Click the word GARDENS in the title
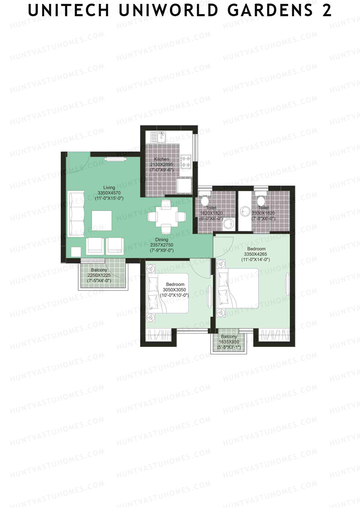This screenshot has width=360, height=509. pyautogui.click(x=270, y=10)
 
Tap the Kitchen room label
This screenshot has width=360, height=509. pyautogui.click(x=161, y=159)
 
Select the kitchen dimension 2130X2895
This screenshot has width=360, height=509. pyautogui.click(x=161, y=164)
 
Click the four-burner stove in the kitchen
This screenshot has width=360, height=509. pyautogui.click(x=186, y=161)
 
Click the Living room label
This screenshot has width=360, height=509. pyautogui.click(x=109, y=187)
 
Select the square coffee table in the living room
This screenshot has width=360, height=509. pyautogui.click(x=102, y=221)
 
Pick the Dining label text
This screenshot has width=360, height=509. pyautogui.click(x=162, y=240)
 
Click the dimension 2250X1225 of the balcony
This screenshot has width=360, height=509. pyautogui.click(x=99, y=275)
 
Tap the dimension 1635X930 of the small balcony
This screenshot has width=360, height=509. pyautogui.click(x=229, y=342)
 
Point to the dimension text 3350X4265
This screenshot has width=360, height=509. pyautogui.click(x=256, y=254)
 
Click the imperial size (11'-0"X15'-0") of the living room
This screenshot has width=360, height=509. pyautogui.click(x=109, y=198)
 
